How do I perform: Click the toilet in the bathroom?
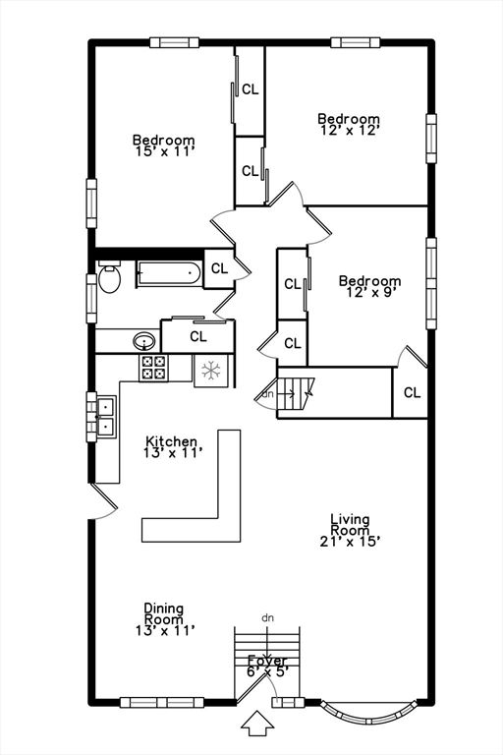coord(108,278)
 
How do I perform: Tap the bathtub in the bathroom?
coord(168,272)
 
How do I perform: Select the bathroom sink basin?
coord(144,342)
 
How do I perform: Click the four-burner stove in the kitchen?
coord(154,368)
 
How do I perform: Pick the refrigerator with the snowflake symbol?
coord(210,371)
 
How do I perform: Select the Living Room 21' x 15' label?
coord(350,530)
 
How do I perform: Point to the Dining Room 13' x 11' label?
coord(164,619)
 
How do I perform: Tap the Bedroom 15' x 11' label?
coord(164,146)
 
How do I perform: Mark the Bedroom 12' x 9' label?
coord(369,287)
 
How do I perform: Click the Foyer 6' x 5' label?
coord(267,667)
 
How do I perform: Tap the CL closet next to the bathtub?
coord(219,268)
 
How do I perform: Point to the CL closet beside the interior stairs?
coord(412,392)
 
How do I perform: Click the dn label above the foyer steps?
coord(267,617)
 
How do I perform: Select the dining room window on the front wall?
coord(163,702)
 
